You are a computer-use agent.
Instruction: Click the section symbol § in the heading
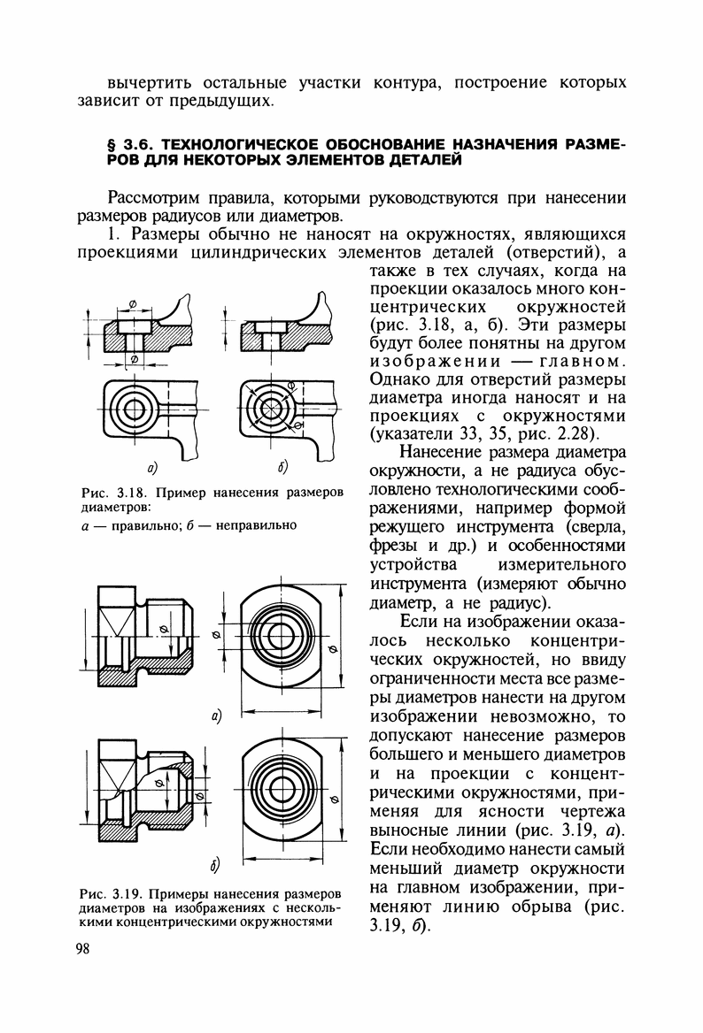click(x=111, y=142)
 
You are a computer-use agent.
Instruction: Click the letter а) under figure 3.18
click(x=152, y=466)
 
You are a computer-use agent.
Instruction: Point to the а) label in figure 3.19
click(x=215, y=714)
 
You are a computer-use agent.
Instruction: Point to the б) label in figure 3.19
click(x=215, y=863)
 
